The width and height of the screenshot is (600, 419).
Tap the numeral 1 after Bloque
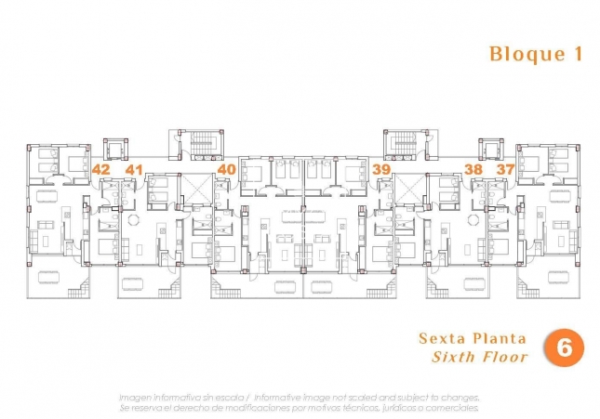click(578, 54)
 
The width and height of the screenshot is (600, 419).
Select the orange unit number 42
click(101, 169)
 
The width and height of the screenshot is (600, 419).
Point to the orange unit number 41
click(134, 169)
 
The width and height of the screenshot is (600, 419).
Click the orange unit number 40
click(226, 169)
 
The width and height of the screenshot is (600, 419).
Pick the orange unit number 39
click(380, 169)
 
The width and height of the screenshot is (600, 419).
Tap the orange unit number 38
click(473, 169)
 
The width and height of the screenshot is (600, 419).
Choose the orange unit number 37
click(505, 169)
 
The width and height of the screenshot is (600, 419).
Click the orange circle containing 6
click(564, 347)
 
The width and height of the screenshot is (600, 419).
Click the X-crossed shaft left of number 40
click(196, 190)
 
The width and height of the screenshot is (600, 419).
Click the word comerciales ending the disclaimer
click(450, 407)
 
